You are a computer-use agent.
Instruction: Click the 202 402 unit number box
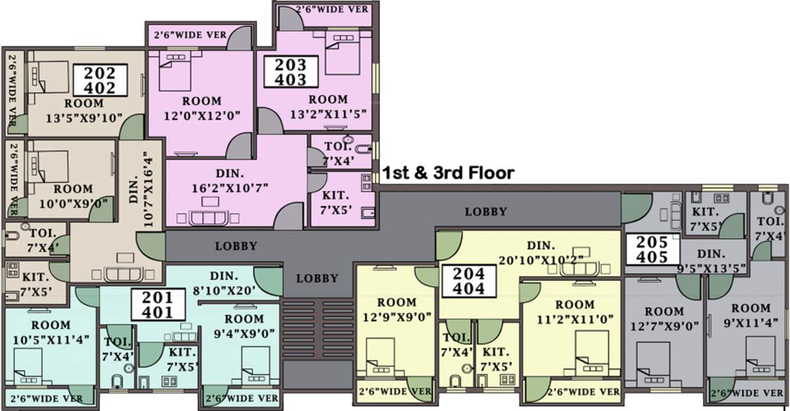click(101, 80)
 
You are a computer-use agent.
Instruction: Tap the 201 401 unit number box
click(157, 305)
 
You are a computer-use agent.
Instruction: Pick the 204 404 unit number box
click(470, 281)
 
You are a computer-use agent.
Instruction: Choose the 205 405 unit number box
click(653, 249)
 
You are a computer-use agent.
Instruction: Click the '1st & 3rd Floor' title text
click(448, 173)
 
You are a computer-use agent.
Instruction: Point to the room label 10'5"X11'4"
click(51, 332)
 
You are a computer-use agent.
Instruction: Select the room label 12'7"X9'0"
click(664, 318)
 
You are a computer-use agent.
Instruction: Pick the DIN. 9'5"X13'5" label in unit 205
click(711, 261)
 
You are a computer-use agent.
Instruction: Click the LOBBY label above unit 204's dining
click(485, 211)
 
